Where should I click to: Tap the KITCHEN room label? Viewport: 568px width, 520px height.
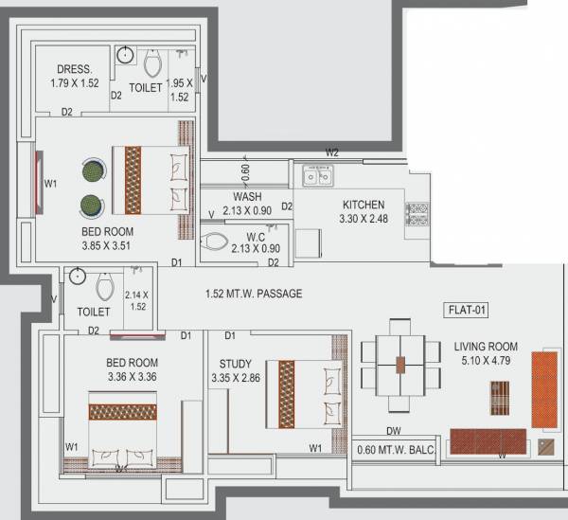click(364, 205)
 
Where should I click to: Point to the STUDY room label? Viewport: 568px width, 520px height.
click(234, 363)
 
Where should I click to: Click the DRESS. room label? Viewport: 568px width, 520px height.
click(73, 69)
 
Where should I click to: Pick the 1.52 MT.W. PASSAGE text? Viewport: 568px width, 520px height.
click(254, 294)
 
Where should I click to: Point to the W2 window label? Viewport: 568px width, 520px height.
click(331, 152)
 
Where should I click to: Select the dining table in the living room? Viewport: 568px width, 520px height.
click(400, 363)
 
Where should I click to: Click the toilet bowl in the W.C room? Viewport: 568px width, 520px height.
click(217, 242)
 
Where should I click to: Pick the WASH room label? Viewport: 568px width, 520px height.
click(248, 197)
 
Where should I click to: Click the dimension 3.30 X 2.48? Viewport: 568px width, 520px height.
click(364, 219)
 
